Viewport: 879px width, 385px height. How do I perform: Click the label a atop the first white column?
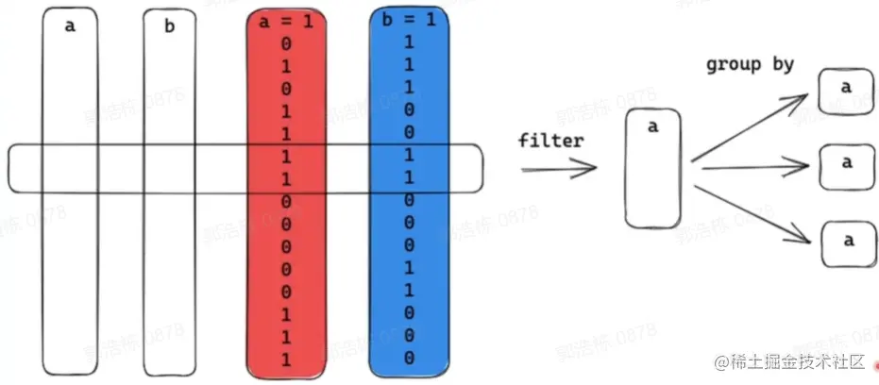pyautogui.click(x=70, y=25)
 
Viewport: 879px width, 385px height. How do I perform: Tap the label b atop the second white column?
pyautogui.click(x=170, y=25)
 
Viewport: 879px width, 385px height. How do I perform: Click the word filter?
pyautogui.click(x=551, y=141)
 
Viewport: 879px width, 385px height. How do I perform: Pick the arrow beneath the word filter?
pyautogui.click(x=559, y=169)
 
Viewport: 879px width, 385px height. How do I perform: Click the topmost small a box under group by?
pyautogui.click(x=846, y=92)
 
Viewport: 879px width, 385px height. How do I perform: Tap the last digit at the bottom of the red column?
pyautogui.click(x=286, y=359)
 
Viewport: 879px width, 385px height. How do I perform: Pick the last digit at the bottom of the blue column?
pyautogui.click(x=409, y=358)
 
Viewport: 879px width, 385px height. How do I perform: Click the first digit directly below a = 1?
pyautogui.click(x=286, y=43)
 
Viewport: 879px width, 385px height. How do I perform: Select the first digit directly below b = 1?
pyautogui.click(x=409, y=43)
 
